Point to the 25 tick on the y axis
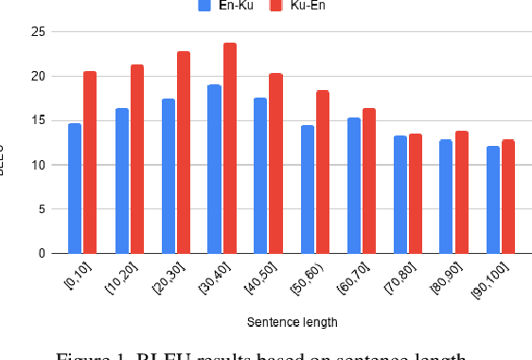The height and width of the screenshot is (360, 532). pos(38,32)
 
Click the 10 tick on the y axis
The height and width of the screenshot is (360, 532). pos(38,165)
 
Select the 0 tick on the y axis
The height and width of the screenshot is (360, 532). pos(42,254)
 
